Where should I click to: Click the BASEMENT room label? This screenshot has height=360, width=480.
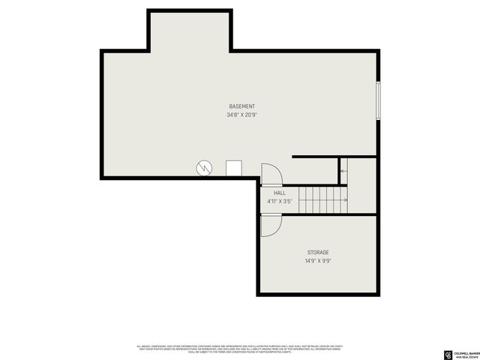[241, 106]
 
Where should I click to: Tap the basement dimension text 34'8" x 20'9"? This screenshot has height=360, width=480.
[241, 115]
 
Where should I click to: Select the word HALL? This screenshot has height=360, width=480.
[279, 193]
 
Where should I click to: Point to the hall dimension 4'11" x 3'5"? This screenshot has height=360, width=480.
[279, 201]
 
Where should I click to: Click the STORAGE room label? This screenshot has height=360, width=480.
[317, 253]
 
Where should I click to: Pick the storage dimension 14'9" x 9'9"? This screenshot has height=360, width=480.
[317, 261]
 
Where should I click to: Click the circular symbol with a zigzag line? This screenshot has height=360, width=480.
[205, 168]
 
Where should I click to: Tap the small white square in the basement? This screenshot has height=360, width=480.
[234, 168]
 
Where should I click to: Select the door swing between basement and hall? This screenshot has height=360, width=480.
[271, 174]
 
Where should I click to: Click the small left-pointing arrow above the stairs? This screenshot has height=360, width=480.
[343, 172]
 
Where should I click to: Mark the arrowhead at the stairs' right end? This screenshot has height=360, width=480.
[347, 199]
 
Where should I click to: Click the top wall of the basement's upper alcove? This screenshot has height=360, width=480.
[189, 10]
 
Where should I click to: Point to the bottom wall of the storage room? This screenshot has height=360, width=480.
[318, 294]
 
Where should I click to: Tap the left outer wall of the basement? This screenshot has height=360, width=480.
[102, 112]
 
